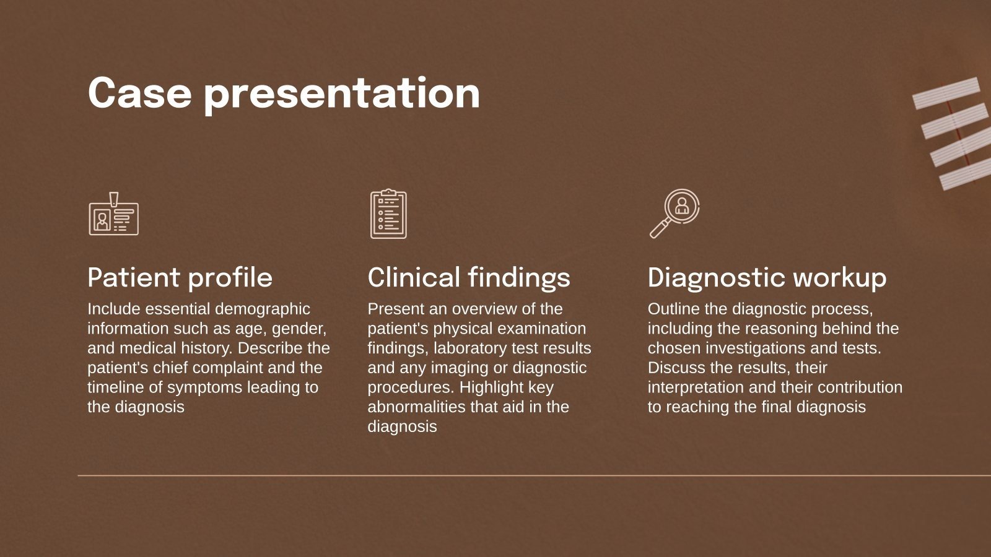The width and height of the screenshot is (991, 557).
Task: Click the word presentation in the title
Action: [342, 94]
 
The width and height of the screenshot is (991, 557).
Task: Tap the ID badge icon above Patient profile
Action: [113, 215]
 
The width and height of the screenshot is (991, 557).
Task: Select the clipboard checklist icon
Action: [388, 214]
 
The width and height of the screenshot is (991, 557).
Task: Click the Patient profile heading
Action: [180, 277]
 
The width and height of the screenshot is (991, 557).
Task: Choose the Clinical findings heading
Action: [469, 277]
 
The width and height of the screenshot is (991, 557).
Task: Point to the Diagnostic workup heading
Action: [767, 277]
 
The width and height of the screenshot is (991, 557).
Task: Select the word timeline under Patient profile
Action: [115, 387]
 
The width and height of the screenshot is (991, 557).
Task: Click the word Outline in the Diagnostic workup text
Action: [671, 309]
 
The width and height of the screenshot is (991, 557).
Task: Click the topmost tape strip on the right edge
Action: [946, 93]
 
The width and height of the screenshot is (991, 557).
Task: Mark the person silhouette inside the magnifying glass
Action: [682, 205]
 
